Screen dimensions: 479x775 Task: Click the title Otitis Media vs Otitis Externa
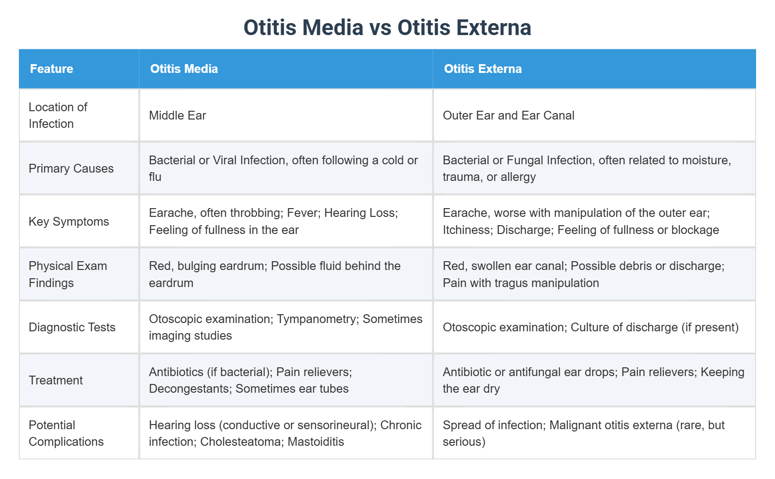click(387, 28)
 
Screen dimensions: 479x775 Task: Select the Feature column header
click(52, 69)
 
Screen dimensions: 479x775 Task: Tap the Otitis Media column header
click(184, 69)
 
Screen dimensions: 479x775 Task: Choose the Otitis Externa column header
click(483, 69)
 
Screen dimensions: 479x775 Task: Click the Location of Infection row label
click(58, 115)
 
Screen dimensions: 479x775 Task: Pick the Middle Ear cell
click(177, 115)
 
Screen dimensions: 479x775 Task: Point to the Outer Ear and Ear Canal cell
click(508, 115)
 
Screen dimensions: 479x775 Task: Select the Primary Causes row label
click(71, 168)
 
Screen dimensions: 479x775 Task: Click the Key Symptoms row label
click(69, 222)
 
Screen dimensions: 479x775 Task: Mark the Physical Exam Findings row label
click(67, 274)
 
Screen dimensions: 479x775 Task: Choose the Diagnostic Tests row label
click(72, 327)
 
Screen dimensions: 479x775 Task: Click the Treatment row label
click(55, 380)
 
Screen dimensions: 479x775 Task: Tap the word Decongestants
click(189, 389)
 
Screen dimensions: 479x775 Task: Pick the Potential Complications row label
click(66, 433)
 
